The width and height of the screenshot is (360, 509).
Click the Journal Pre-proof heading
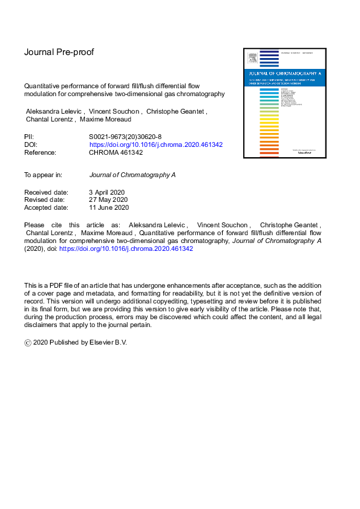59,52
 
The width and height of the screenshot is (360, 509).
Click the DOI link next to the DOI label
156,145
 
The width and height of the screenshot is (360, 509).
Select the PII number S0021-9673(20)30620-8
125,137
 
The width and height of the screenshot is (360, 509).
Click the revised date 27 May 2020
109,200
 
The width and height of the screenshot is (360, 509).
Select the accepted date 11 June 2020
109,208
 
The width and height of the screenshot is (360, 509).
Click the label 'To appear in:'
43,175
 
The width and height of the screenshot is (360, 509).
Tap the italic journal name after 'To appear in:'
133,175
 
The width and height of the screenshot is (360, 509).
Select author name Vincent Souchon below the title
113,112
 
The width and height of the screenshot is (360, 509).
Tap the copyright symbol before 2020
27,342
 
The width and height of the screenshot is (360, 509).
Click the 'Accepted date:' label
46,208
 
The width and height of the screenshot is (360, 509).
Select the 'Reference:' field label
40,153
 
